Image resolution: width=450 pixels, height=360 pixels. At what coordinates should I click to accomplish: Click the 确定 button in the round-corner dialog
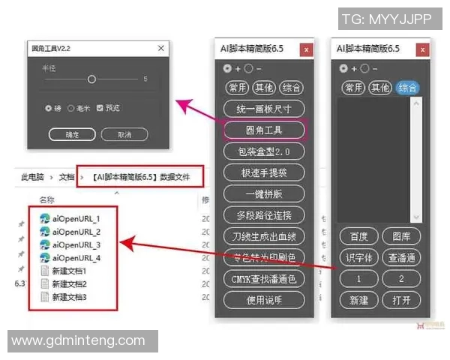click(x=72, y=135)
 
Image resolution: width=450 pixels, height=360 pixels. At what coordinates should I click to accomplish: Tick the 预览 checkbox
click(x=100, y=108)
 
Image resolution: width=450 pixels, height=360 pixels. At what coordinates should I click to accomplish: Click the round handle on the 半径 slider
click(x=91, y=79)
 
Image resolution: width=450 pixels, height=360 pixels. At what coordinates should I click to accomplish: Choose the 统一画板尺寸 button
click(x=264, y=109)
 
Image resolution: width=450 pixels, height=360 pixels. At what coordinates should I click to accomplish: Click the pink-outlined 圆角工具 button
click(x=264, y=130)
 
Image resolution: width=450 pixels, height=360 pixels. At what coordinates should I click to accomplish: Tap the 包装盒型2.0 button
click(x=264, y=151)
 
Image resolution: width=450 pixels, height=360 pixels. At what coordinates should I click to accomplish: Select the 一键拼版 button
click(x=264, y=193)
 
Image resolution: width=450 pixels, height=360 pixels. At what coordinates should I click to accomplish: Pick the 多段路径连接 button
click(x=264, y=215)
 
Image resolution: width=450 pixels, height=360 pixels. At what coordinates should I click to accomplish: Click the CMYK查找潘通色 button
click(x=264, y=279)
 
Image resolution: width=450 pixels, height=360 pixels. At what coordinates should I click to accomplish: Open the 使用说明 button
click(x=264, y=300)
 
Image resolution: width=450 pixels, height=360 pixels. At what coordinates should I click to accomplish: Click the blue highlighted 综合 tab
click(x=408, y=88)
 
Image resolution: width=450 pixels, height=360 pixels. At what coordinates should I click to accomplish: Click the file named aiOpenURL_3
click(x=76, y=245)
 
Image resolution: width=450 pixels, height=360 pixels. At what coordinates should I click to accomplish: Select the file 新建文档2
click(x=69, y=284)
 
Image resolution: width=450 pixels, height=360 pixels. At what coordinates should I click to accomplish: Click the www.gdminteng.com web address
click(x=79, y=340)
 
